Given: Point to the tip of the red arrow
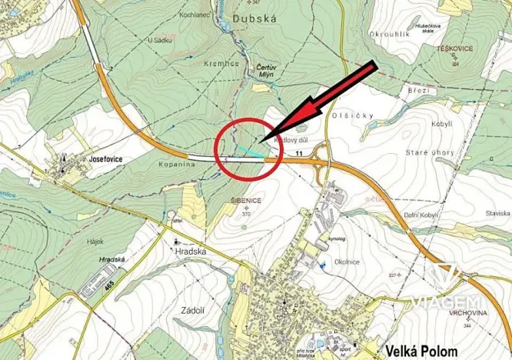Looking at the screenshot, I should click(261, 142).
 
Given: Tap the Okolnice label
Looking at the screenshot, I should click(347, 262).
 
